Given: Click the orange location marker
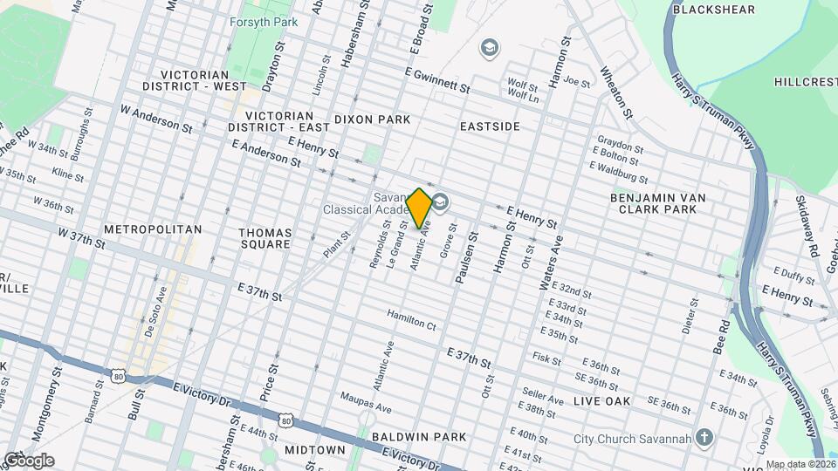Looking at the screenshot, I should pos(419,208).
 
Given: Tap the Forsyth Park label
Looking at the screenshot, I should pos(263,23).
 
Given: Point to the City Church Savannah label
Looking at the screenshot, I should pos(633,437).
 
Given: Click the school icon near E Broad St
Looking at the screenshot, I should pos(490,46).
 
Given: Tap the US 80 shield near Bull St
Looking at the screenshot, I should pos(119,374).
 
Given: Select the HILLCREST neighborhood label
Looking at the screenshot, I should pos(805,81).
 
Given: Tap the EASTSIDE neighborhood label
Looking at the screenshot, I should pos(490,126).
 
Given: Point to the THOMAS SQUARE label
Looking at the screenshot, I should pos(265,239).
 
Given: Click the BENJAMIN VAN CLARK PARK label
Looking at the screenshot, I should pos(657,203).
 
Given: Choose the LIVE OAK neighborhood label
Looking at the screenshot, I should pos(602,400).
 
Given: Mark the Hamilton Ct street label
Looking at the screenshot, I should pos(411,319).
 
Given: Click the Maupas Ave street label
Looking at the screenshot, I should pos(366,403).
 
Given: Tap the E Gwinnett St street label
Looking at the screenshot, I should pos(437,81).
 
